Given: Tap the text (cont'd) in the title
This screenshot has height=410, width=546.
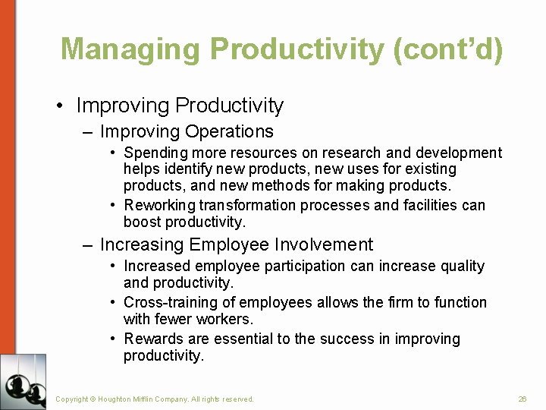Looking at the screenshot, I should point(447,49).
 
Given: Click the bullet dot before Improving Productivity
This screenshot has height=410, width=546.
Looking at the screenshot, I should point(60,106).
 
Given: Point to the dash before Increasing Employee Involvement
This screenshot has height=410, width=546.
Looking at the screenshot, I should point(88,244).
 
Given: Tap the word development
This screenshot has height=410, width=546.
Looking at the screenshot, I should point(460,153).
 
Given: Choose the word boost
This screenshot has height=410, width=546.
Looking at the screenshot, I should point(142,222).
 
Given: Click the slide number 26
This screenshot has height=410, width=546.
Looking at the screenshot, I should point(522,399).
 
